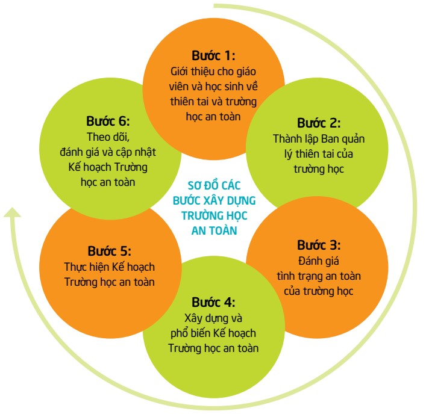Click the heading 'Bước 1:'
pos(213,57)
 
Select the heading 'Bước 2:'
pos(319,123)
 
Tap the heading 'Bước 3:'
pos(319,246)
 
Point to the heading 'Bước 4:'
pos(213,301)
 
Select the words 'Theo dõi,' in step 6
pos(108,135)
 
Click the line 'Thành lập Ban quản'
pos(319,140)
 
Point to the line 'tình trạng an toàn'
pos(319,276)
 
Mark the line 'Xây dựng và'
pos(213,317)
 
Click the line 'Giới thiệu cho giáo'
pos(213,72)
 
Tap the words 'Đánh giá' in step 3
pos(319,261)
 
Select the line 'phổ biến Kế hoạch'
pos(213,333)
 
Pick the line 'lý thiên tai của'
pos(319,154)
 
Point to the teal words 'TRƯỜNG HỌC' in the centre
pos(213,215)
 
